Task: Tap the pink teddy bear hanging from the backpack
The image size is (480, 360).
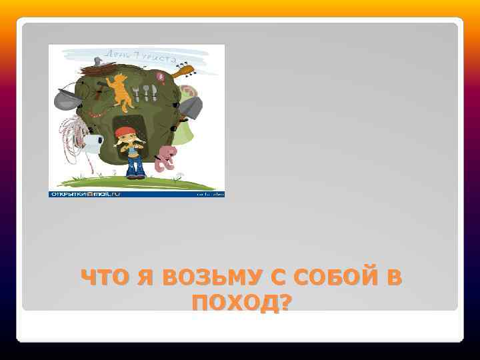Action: (x=165, y=156)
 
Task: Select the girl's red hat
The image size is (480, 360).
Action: (x=124, y=131)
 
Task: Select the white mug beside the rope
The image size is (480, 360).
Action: (x=94, y=141)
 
